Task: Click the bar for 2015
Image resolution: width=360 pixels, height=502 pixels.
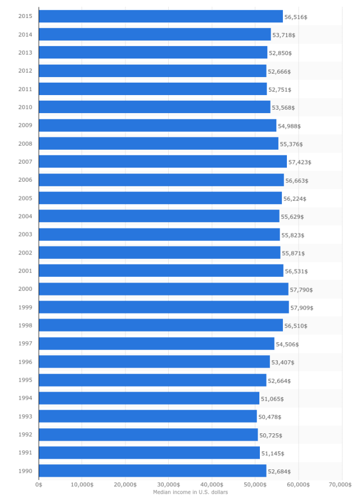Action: click(x=161, y=17)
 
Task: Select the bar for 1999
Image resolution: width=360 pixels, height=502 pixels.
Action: click(x=164, y=307)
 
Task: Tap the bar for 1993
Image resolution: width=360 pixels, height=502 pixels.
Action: click(x=148, y=416)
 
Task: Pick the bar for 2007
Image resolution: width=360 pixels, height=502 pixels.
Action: click(x=163, y=162)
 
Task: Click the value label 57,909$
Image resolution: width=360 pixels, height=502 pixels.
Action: click(x=302, y=308)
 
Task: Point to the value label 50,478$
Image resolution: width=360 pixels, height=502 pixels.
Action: click(x=269, y=417)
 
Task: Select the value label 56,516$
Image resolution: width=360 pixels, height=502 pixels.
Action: click(x=296, y=17)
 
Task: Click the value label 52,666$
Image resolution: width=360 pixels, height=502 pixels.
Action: click(x=279, y=71)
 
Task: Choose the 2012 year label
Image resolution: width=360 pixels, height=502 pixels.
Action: click(x=25, y=71)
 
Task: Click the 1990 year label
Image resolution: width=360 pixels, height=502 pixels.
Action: click(x=25, y=471)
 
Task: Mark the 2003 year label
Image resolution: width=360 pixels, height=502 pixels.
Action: click(x=25, y=235)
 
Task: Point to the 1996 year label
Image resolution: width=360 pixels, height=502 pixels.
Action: click(x=25, y=362)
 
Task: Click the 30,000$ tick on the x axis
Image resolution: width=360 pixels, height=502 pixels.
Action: click(x=169, y=484)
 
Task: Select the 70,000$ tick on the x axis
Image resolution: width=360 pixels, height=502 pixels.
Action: click(x=341, y=484)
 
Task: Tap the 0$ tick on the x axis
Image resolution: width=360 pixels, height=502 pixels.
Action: click(x=39, y=484)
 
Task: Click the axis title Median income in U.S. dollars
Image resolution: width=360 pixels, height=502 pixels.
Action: click(x=190, y=492)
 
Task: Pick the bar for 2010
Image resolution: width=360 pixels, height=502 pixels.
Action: click(x=155, y=107)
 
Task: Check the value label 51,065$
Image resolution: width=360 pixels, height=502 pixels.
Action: click(x=272, y=399)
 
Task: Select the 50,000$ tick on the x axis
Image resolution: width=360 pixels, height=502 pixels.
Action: click(x=255, y=484)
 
